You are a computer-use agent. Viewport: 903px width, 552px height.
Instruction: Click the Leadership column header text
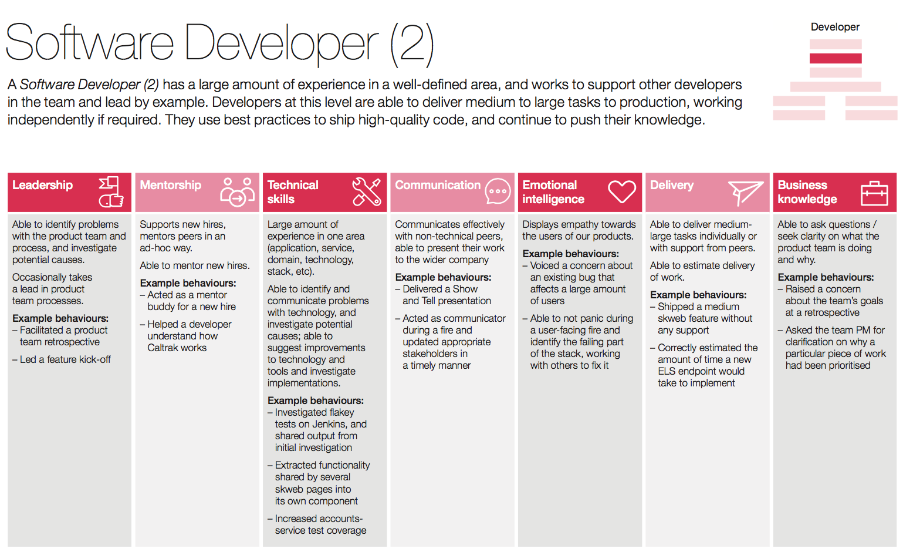coord(42,185)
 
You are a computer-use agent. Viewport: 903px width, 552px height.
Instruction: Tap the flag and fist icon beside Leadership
coord(111,192)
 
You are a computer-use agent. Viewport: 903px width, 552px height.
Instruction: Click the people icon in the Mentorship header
coord(237,192)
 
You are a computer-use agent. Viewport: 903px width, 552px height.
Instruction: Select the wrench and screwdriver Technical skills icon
coord(366,192)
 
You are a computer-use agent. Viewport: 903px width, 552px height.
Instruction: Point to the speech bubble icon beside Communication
coord(498,191)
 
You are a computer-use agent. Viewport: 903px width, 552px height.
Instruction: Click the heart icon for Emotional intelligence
coord(621,191)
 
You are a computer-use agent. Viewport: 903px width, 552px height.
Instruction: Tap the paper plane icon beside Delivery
coord(745,193)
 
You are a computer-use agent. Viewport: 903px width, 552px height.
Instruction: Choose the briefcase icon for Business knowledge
coord(874,193)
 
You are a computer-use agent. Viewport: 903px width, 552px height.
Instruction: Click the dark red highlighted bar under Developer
coord(836,58)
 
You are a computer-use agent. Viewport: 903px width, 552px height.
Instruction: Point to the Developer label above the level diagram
coord(835,27)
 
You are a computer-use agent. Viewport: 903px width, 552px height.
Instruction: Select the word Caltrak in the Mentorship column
coord(163,348)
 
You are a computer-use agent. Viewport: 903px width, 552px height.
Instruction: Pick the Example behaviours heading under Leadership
coord(60,318)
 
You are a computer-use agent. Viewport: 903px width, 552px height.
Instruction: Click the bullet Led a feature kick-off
coord(65,359)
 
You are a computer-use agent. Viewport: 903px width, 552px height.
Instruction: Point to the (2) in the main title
coord(412,43)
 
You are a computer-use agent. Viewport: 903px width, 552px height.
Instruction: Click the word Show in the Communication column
coord(465,289)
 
